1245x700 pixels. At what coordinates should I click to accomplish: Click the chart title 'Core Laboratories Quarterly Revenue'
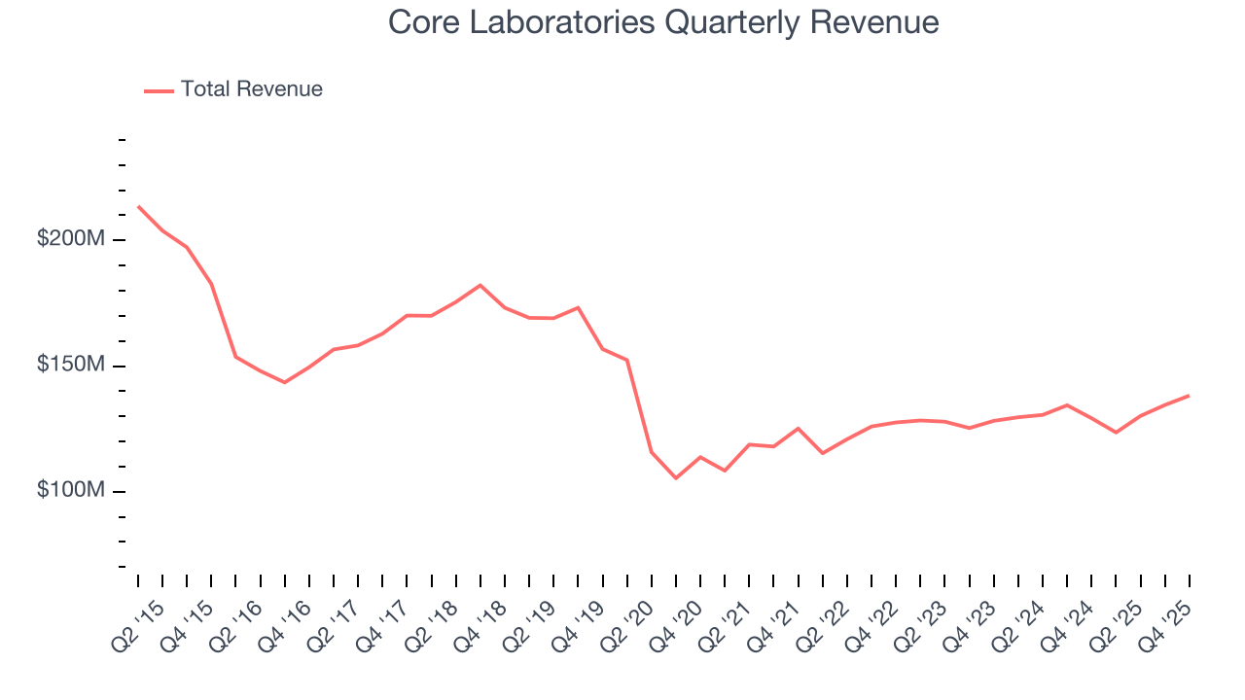coord(663,22)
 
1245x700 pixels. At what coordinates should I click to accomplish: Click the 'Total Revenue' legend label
coord(251,89)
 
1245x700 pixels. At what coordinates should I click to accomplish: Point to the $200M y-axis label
coord(71,239)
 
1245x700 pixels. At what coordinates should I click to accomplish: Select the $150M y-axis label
coord(71,365)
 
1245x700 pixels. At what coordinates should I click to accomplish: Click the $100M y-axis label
coord(71,490)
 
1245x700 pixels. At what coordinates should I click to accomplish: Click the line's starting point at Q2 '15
coord(138,206)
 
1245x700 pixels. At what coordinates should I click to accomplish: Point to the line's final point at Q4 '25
coord(1189,396)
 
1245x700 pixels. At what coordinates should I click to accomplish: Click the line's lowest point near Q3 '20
coord(676,478)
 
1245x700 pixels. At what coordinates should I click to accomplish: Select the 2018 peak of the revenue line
coord(480,285)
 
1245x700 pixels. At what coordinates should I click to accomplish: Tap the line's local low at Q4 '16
coord(285,382)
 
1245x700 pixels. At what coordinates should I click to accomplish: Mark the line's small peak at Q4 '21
coord(799,428)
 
